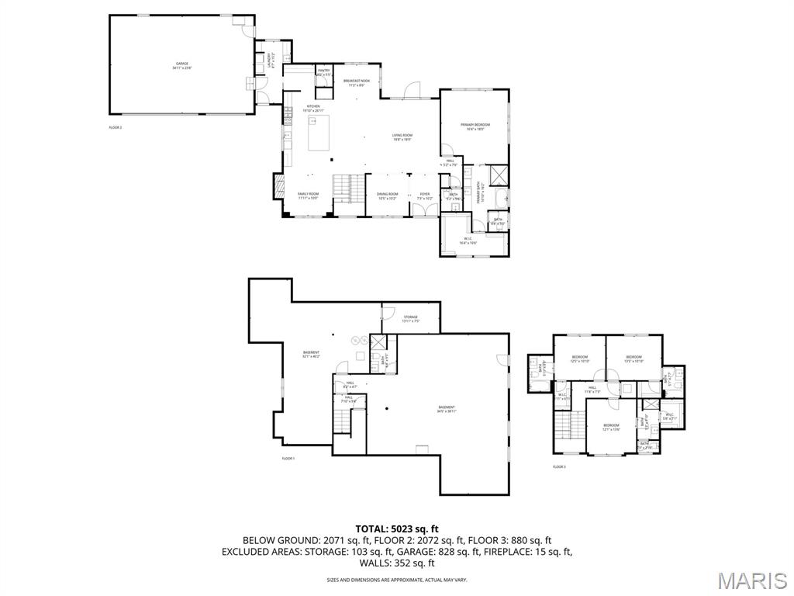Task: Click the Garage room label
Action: (x=181, y=65)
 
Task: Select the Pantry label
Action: (x=323, y=72)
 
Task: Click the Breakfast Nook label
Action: (x=357, y=82)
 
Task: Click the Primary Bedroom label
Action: (x=475, y=126)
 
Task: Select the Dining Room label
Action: (x=388, y=196)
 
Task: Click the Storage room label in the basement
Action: (x=410, y=318)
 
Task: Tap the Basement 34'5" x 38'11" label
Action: (x=447, y=409)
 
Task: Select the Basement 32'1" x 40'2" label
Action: (x=311, y=355)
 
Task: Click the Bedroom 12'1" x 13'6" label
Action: (x=611, y=426)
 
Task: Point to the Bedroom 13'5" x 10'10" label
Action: (x=634, y=359)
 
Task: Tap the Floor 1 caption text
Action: (x=288, y=459)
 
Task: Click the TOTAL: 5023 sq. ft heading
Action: (x=396, y=528)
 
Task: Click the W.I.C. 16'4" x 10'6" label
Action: (x=468, y=240)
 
